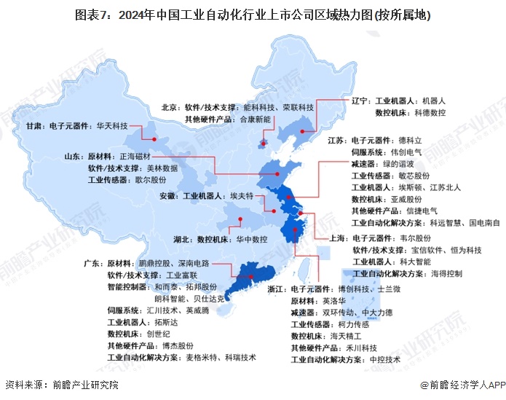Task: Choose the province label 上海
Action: tap(334, 238)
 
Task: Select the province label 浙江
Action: tap(277, 289)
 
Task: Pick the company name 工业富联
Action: tap(183, 275)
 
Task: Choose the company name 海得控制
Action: tap(446, 274)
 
